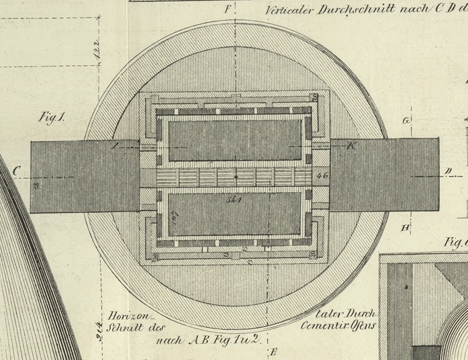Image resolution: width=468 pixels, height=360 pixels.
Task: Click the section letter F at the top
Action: coord(228,9)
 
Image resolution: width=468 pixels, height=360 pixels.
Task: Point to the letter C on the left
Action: coord(15,171)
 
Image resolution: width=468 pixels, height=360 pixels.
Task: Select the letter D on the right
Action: coord(448,171)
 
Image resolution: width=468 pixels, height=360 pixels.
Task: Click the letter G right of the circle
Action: coord(406,121)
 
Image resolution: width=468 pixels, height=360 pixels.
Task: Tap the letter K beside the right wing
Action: coord(350,146)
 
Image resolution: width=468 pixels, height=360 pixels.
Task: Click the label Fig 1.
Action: coord(51,117)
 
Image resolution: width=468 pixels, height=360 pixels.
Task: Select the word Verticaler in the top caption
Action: coord(289,10)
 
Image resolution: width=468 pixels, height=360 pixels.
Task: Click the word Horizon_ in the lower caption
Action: coord(131,316)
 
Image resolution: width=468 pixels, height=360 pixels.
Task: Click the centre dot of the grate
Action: coord(236,177)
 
